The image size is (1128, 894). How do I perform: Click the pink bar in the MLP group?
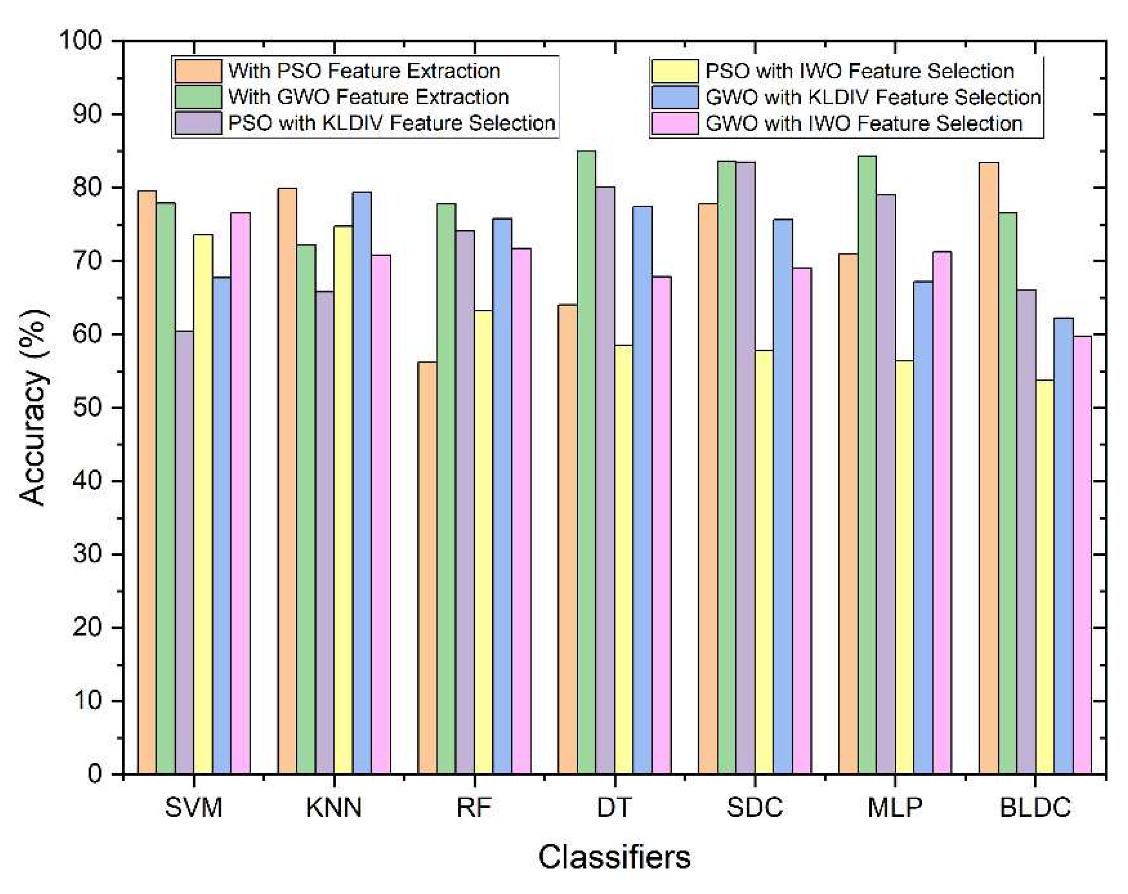(942, 513)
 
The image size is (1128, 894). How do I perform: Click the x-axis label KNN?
(334, 808)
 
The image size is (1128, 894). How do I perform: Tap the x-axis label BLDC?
(1035, 808)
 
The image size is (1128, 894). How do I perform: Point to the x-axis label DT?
(614, 808)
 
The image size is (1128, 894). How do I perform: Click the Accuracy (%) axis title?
(34, 408)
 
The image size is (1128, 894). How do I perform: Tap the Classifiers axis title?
(614, 857)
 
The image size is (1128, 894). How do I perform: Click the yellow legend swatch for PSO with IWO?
(674, 71)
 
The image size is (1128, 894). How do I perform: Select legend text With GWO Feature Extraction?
(368, 97)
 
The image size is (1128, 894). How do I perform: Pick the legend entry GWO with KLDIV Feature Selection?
(873, 97)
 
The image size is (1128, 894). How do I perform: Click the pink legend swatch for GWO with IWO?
(674, 124)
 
